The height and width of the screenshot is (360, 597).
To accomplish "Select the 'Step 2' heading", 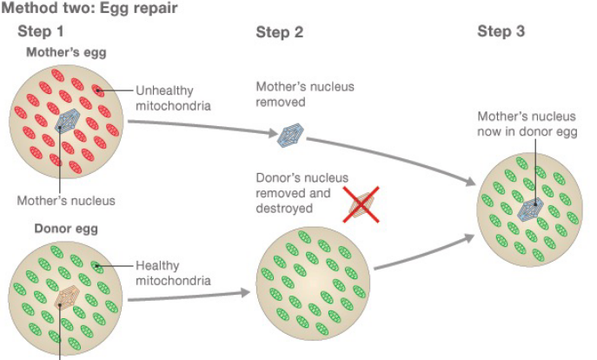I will point(280,32).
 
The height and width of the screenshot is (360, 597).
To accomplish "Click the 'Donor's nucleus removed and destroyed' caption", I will point(293,193).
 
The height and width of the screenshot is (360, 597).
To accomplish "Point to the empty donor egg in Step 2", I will point(315,280).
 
